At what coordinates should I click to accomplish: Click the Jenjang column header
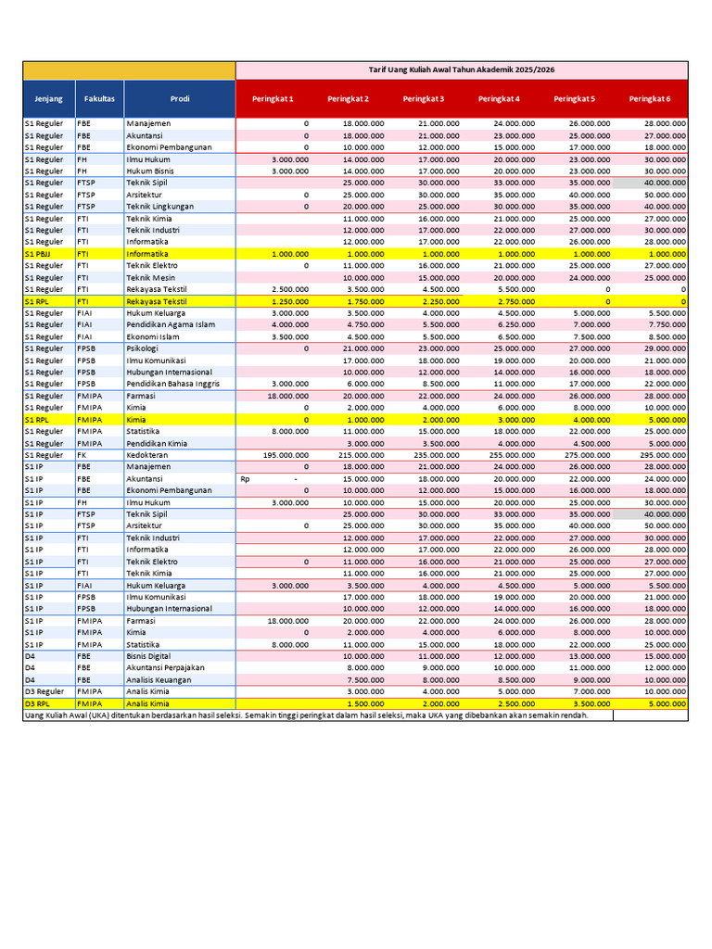[x=48, y=98]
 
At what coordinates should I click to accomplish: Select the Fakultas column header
[x=99, y=98]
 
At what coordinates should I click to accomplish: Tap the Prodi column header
[x=180, y=98]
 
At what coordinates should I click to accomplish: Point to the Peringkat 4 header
[x=499, y=99]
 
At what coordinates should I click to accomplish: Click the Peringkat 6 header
[x=650, y=99]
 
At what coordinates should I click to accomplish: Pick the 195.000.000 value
[x=286, y=455]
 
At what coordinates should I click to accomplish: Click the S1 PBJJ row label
[x=38, y=254]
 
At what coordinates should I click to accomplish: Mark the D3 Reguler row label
[x=44, y=691]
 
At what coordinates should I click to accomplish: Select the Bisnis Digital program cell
[x=153, y=656]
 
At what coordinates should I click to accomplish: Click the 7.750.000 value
[x=667, y=325]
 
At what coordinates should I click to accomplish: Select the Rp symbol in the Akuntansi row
[x=245, y=479]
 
